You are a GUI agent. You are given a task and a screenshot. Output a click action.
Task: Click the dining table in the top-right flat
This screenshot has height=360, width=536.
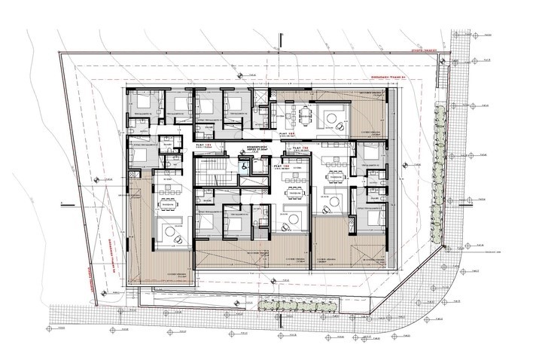pyautogui.click(x=306, y=115)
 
